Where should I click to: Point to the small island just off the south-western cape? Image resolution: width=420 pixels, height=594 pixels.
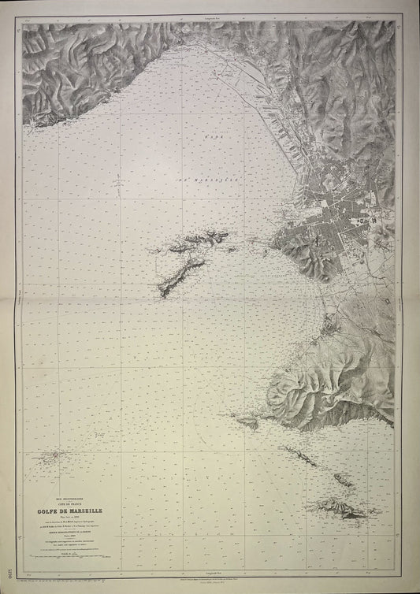(x=251, y=424)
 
